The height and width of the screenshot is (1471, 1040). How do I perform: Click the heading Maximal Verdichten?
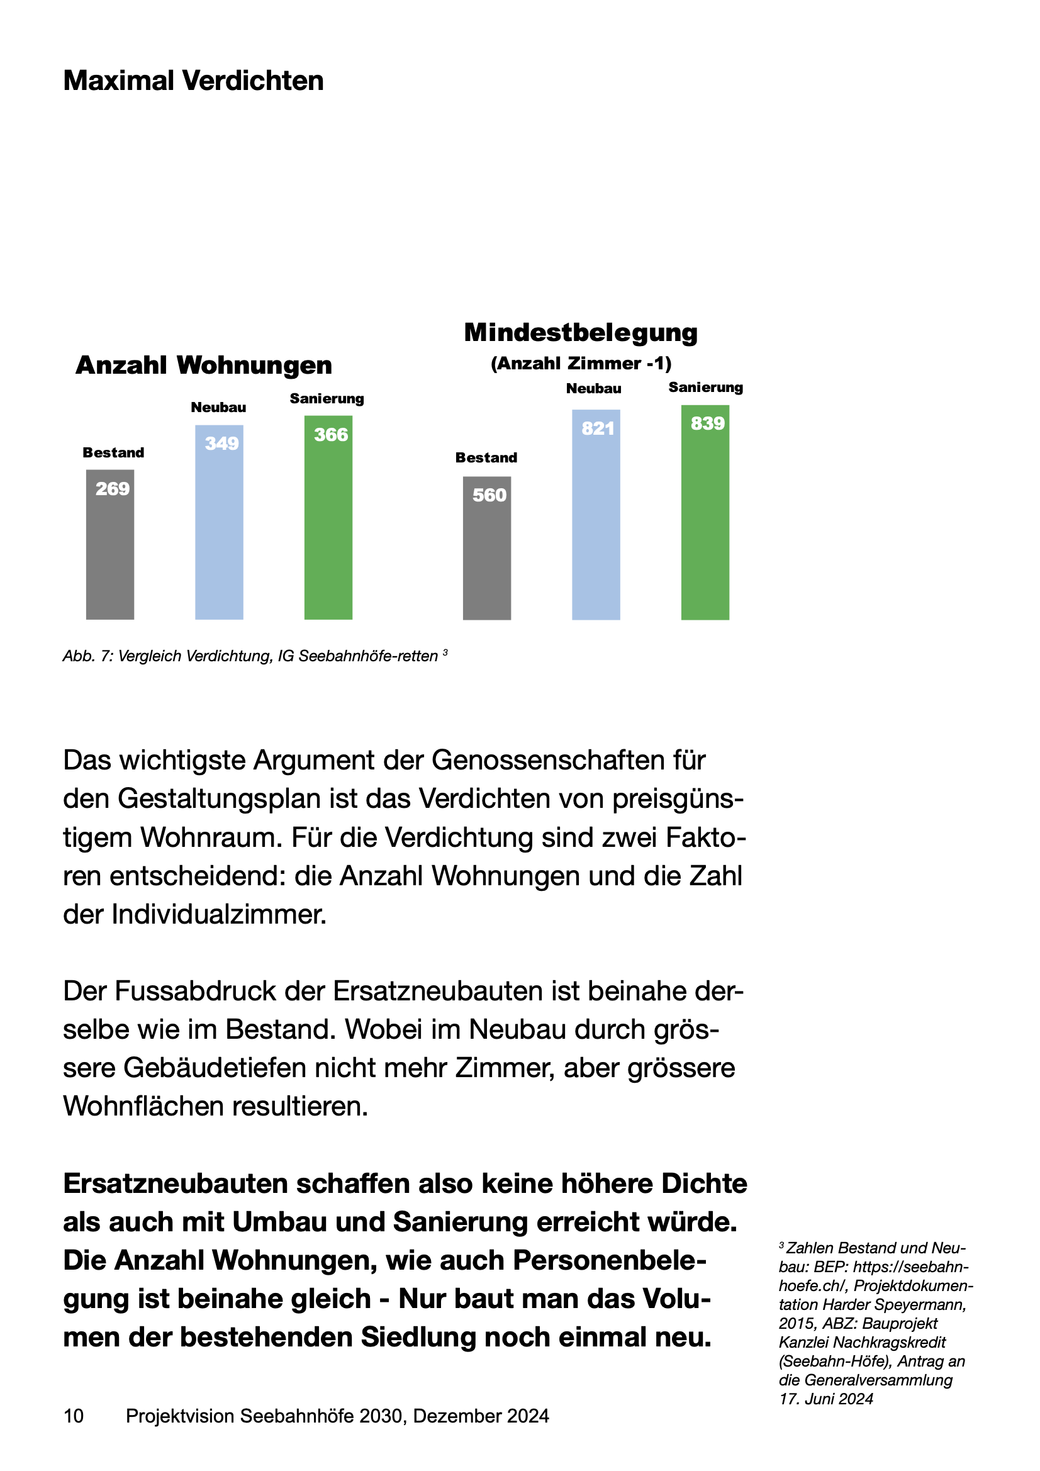coord(194,81)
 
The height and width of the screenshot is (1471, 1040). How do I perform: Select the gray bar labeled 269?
coord(110,545)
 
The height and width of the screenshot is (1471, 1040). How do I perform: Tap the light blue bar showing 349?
coord(219,522)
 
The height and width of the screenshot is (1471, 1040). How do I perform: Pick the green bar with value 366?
coord(328,518)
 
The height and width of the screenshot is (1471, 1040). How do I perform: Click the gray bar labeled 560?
coord(487,548)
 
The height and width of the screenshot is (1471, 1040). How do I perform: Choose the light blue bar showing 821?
coord(596,515)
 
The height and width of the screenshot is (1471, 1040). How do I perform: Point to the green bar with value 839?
coord(705,512)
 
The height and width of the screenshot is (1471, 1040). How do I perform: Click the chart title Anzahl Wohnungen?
coord(204,365)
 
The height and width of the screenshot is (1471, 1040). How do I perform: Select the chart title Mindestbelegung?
coord(581,332)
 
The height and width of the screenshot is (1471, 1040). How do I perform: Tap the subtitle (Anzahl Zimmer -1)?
coord(581,363)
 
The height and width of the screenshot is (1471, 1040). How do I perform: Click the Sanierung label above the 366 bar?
coord(327,398)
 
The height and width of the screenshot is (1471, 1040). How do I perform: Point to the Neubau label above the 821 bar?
coord(594,388)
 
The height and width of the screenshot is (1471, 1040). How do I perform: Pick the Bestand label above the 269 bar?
coord(113,452)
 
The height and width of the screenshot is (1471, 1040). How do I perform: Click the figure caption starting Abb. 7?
coord(255,656)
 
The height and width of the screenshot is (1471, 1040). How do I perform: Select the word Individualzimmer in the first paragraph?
coord(219,914)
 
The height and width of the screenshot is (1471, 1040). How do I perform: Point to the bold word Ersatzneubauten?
coord(175,1183)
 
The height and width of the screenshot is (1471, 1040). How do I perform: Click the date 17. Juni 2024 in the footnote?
coord(827,1416)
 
